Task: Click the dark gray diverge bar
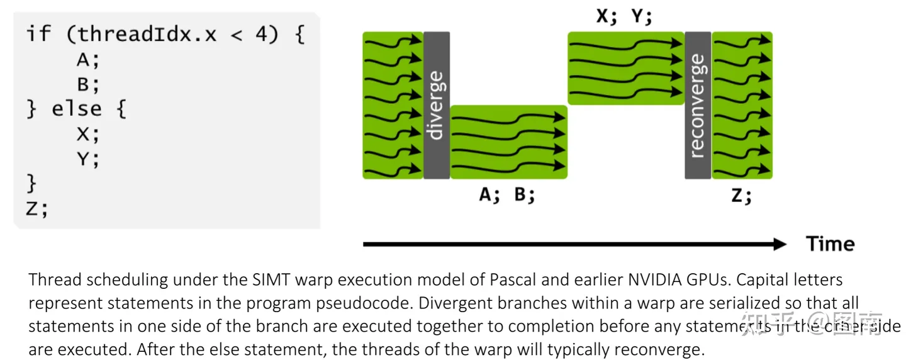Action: pyautogui.click(x=436, y=105)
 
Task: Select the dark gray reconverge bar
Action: pyautogui.click(x=698, y=105)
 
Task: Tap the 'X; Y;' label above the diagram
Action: pyautogui.click(x=624, y=17)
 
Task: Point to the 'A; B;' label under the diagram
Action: pyautogui.click(x=507, y=195)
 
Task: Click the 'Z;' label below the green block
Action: pyautogui.click(x=741, y=196)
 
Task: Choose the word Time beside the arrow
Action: pyautogui.click(x=830, y=244)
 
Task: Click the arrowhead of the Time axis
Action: pyautogui.click(x=780, y=244)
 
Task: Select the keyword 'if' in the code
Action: pyautogui.click(x=38, y=34)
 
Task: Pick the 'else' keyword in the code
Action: pyautogui.click(x=76, y=109)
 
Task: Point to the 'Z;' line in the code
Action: pyautogui.click(x=36, y=208)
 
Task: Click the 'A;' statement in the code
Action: pyautogui.click(x=87, y=60)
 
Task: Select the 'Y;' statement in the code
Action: pyautogui.click(x=87, y=159)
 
